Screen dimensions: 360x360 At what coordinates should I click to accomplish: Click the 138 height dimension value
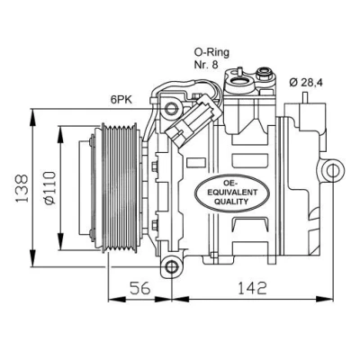(22, 188)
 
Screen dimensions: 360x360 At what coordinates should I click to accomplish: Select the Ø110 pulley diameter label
(49, 188)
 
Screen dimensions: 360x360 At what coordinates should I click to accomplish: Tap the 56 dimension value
(139, 288)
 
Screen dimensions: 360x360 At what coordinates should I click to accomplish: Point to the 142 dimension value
(252, 288)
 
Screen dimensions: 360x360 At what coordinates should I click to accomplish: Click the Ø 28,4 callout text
(306, 82)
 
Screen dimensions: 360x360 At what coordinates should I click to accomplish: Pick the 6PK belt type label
(121, 100)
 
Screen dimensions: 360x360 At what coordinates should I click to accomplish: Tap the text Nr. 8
(206, 65)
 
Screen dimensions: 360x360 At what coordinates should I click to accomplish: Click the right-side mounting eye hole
(333, 171)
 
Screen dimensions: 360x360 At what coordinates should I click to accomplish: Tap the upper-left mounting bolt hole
(171, 108)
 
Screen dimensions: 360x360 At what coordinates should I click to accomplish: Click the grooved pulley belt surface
(120, 188)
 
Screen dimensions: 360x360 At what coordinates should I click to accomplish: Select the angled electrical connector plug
(193, 121)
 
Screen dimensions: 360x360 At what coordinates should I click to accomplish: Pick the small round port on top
(264, 72)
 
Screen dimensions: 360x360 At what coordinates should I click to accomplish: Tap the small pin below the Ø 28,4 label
(305, 97)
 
